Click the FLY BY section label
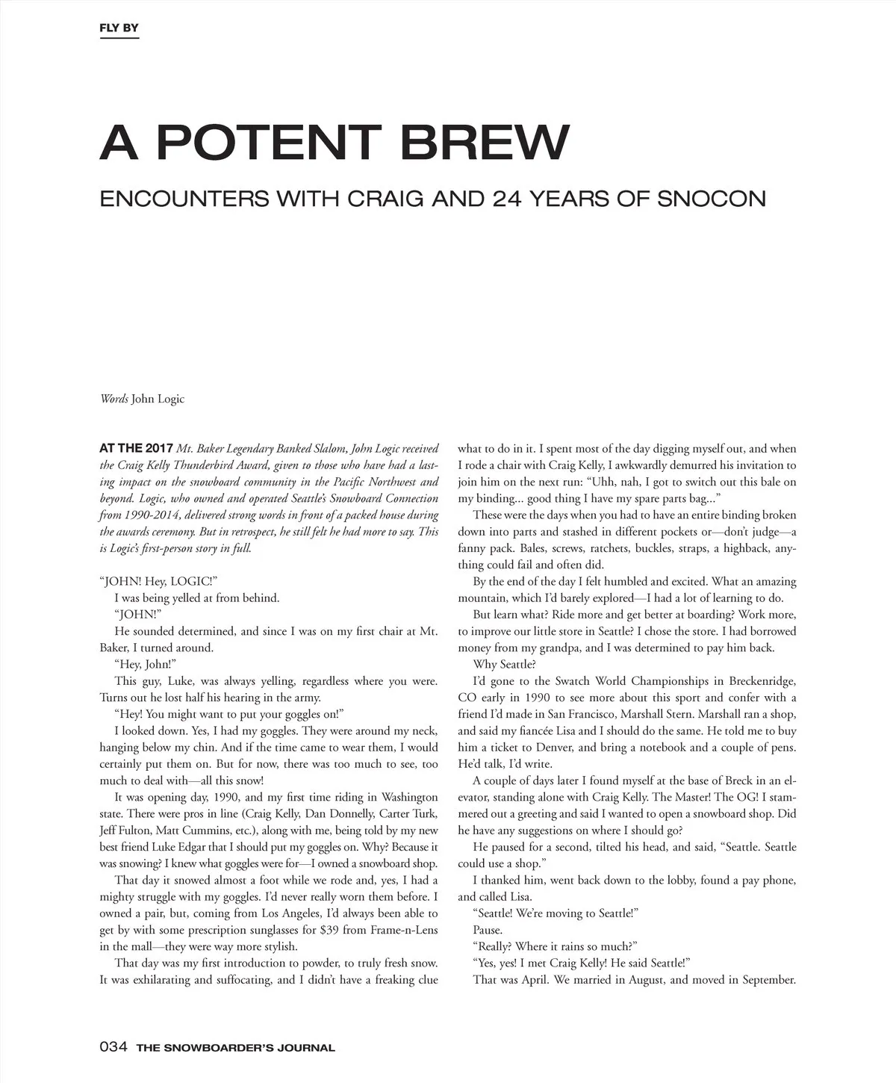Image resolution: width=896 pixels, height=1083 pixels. (x=119, y=29)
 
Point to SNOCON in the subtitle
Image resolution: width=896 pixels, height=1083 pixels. (x=712, y=199)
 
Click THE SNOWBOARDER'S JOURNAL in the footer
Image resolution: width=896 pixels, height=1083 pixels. (x=235, y=1048)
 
